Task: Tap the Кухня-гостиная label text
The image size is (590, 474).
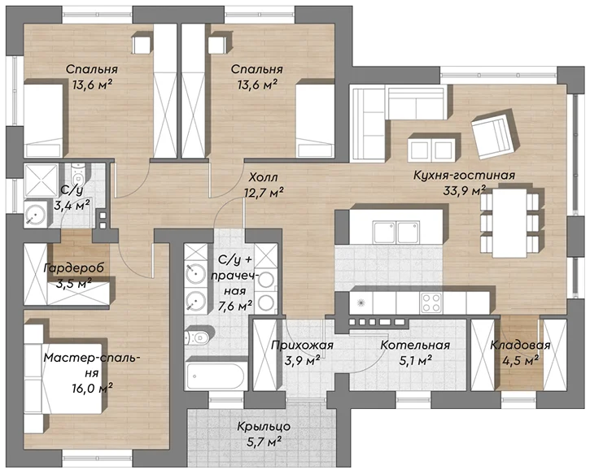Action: coord(465,175)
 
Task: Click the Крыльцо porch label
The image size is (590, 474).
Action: coord(264,427)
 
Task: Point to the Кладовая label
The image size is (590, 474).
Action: coord(520,345)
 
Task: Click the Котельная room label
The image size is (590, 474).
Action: coord(415,345)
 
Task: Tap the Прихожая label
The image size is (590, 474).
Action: coord(302,345)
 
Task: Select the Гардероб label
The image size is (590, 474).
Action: coord(74,268)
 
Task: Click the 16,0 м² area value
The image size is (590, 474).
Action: coord(93,388)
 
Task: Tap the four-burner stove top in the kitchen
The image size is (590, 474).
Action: coord(430,302)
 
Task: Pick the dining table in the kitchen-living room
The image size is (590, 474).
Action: coord(509,223)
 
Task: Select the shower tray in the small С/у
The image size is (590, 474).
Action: coord(41,180)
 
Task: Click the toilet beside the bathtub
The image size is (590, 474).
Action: coord(198,337)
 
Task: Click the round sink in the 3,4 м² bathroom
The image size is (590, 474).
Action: coord(35,215)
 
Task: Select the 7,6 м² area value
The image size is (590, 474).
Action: coord(235,306)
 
